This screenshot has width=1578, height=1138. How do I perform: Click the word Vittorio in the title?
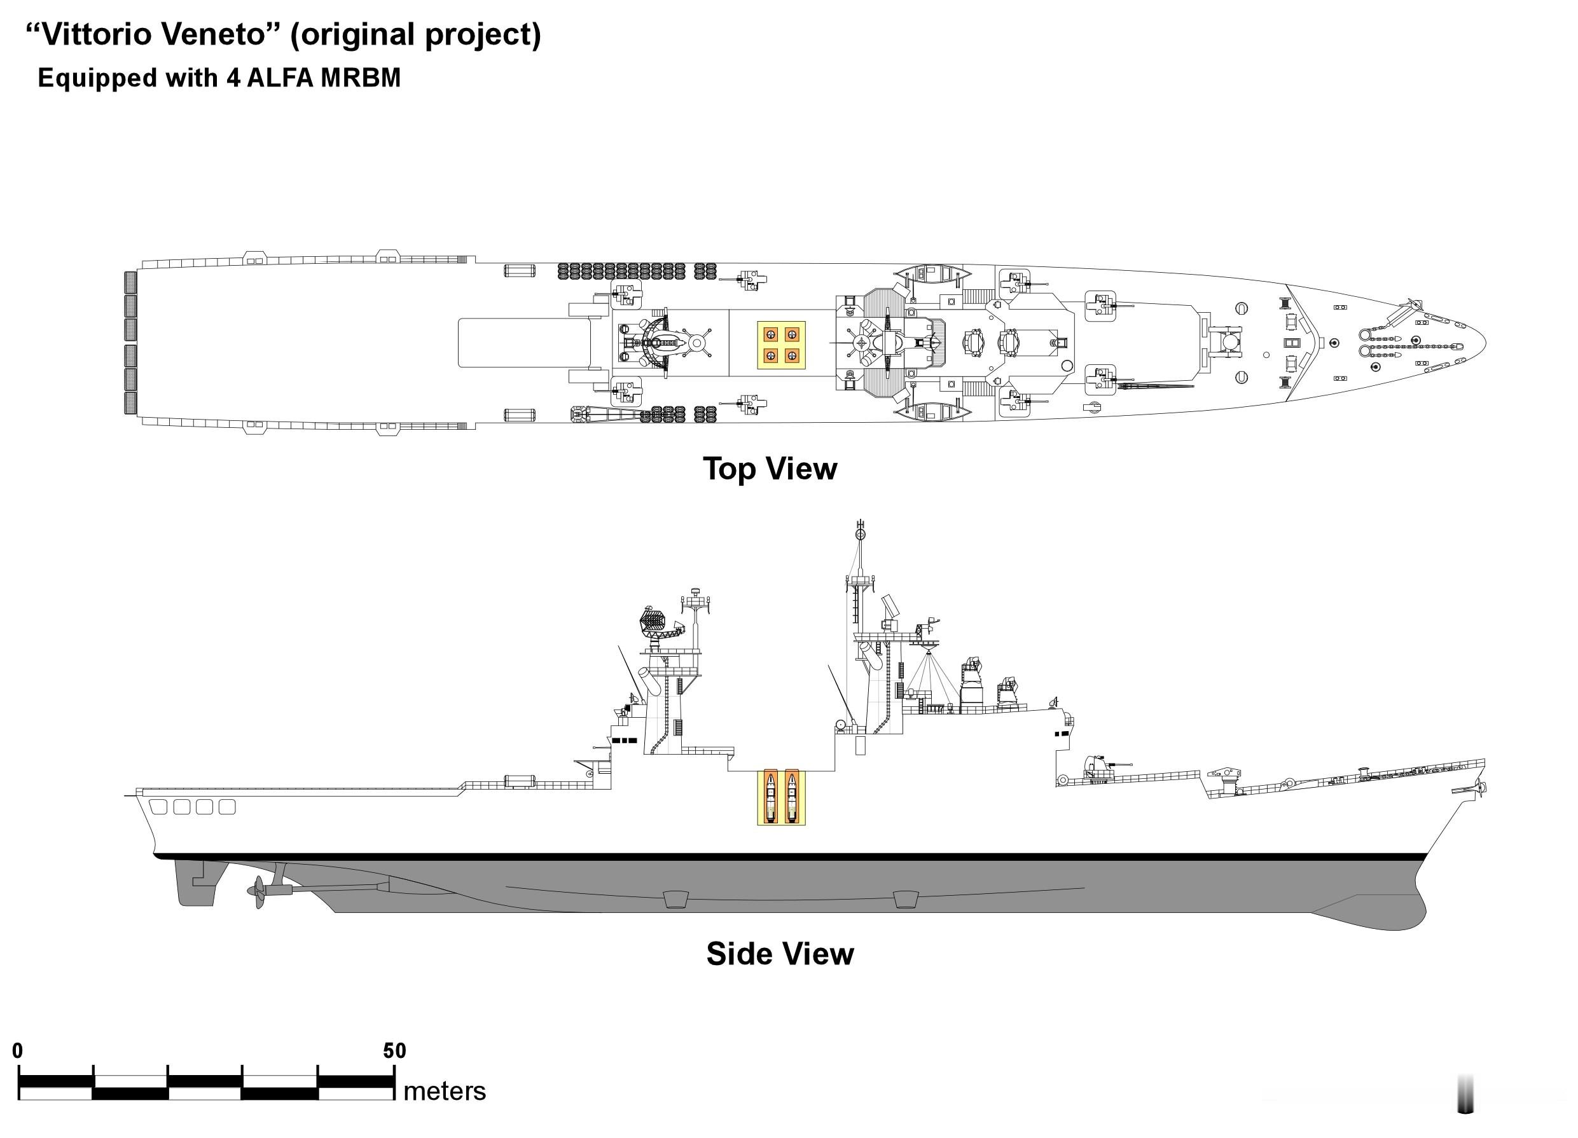click(x=97, y=35)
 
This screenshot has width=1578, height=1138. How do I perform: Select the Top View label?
click(x=770, y=468)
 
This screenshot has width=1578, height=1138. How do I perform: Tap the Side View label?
click(x=780, y=954)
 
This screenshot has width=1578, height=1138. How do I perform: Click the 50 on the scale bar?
click(x=394, y=1050)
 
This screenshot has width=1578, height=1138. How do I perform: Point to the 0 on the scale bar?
click(x=18, y=1050)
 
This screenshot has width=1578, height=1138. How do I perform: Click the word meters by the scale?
click(x=445, y=1091)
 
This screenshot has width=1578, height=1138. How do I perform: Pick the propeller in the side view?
click(x=260, y=892)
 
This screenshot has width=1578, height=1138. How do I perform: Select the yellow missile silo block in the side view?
click(x=781, y=797)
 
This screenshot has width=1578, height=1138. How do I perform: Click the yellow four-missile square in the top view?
click(x=781, y=345)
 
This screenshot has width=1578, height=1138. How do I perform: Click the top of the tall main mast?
click(x=861, y=522)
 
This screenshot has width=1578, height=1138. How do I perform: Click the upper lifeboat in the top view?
click(x=932, y=274)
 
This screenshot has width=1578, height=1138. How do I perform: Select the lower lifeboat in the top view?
click(x=932, y=413)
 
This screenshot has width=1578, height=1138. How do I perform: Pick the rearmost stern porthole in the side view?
click(x=158, y=807)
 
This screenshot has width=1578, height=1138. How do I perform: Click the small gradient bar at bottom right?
click(x=1465, y=1093)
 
